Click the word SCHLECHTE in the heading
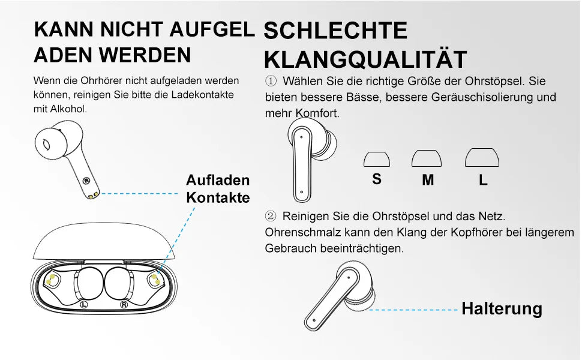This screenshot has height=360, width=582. tap(335, 31)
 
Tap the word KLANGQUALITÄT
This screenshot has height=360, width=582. tap(365, 59)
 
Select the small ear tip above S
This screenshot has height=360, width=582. tap(377, 159)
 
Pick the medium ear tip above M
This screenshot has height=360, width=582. tap(427, 158)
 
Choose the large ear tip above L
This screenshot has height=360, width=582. tap(482, 157)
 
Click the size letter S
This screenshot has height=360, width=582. tap(377, 179)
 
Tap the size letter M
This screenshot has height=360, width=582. tap(428, 179)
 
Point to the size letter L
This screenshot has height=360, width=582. tap(483, 179)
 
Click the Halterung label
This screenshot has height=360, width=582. tap(502, 308)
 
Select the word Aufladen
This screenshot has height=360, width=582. tap(218, 180)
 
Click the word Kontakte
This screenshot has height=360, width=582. tap(218, 197)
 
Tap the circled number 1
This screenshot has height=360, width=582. tap(271, 80)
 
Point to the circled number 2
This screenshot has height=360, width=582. tap(271, 215)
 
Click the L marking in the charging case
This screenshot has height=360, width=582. tap(84, 304)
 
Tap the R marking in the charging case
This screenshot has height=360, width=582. tap(124, 304)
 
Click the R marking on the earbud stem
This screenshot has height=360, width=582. tap(86, 181)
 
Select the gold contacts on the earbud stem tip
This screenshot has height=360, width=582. tap(93, 195)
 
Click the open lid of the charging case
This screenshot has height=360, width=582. tap(104, 241)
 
